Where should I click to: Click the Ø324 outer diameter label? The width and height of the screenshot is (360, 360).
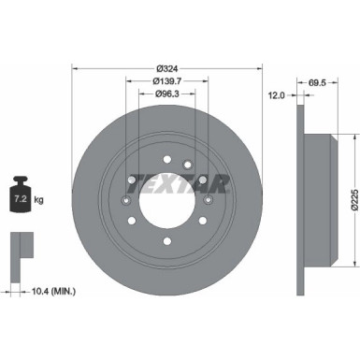tap(168, 68)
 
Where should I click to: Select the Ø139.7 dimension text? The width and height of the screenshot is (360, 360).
tap(168, 81)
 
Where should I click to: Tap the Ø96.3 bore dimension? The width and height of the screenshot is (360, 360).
tap(168, 94)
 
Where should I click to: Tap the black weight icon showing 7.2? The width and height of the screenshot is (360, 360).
tap(20, 197)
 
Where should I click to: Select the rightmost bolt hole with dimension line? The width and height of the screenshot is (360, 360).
tap(209, 199)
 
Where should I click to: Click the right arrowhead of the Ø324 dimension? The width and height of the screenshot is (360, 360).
tap(261, 68)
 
